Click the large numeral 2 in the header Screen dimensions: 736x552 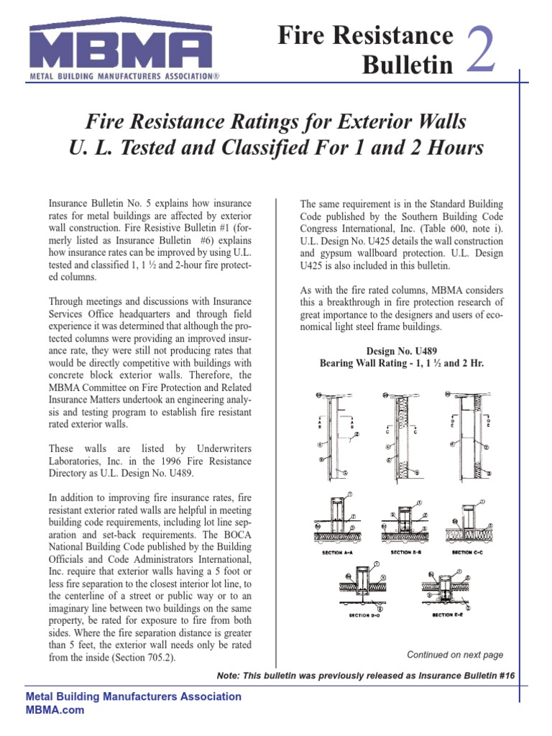(480, 49)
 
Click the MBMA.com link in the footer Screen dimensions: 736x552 (55, 710)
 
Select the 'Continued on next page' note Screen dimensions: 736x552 (455, 655)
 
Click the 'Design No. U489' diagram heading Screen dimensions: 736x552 (402, 350)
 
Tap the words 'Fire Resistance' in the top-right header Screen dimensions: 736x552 (365, 36)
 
